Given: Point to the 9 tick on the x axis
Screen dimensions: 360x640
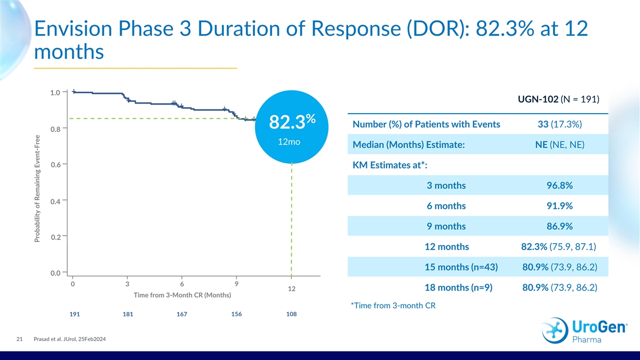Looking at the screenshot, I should point(236,284).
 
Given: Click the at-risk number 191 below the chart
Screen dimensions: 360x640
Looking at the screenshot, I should point(75,314).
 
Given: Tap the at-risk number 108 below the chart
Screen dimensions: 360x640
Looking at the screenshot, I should point(291,314).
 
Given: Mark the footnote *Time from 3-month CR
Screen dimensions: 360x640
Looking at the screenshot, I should point(389,306).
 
